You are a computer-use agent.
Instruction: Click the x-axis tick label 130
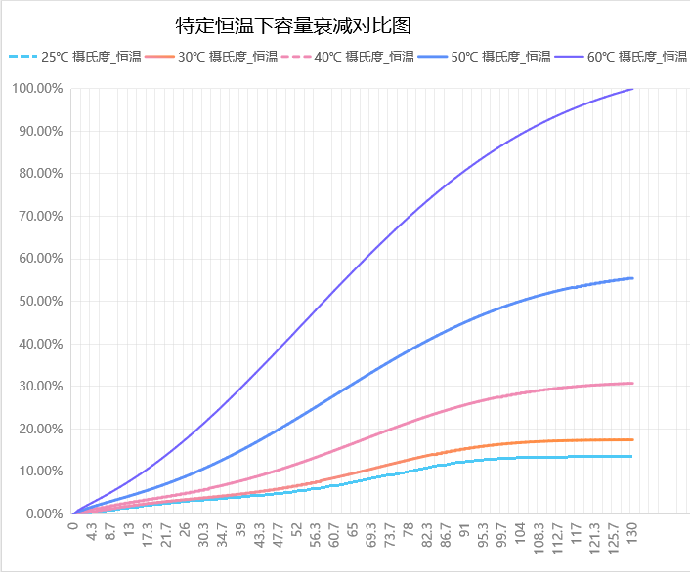(x=634, y=532)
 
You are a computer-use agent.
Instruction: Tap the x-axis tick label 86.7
(x=447, y=536)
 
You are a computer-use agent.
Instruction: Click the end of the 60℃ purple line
(x=633, y=89)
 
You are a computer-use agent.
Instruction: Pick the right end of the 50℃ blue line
(x=633, y=278)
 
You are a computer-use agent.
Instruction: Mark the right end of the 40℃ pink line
(x=633, y=383)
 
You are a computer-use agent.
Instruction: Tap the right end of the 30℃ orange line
(x=633, y=439)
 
